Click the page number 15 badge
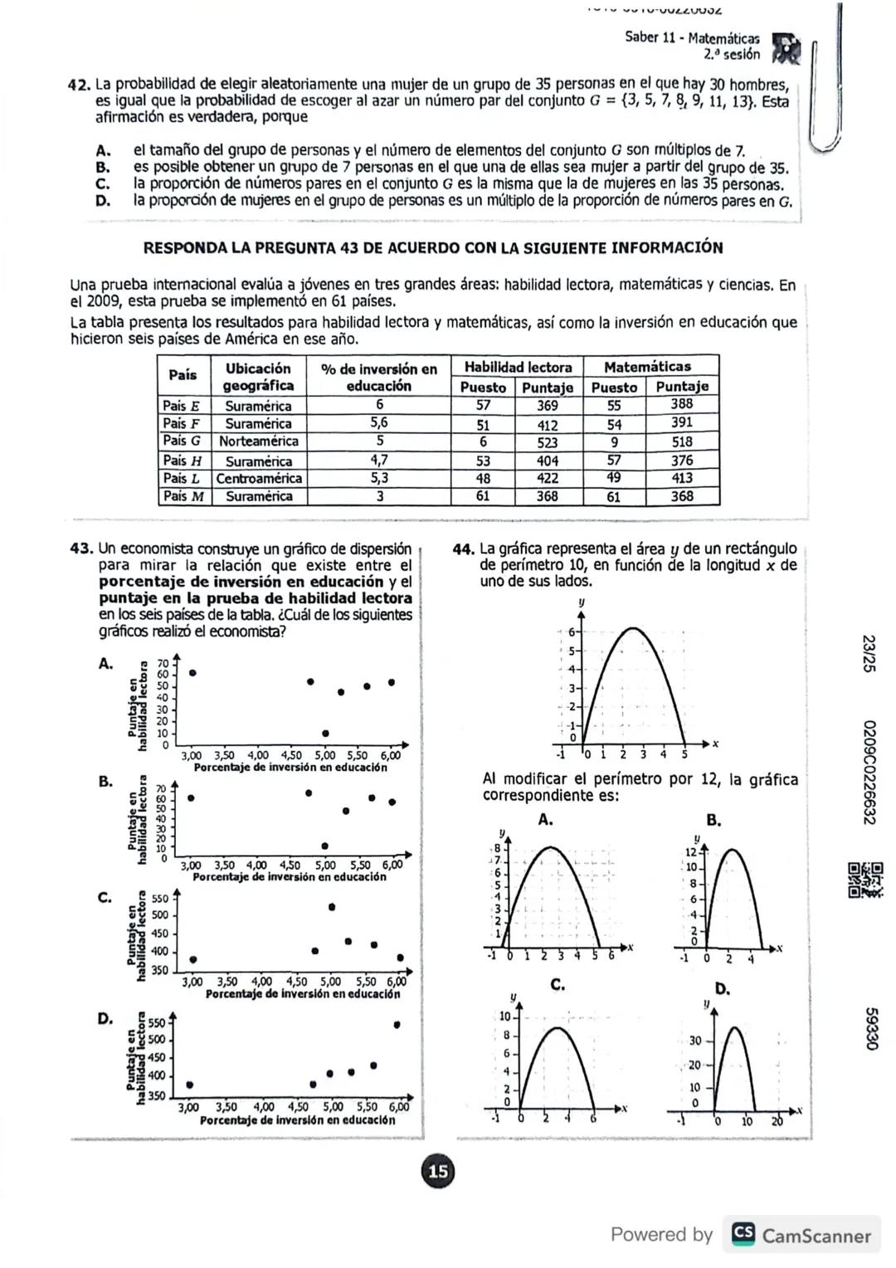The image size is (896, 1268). pos(437,1171)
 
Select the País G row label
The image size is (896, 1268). pos(183,441)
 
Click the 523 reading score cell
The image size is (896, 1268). pos(548,443)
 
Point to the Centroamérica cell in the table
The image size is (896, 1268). pos(259,479)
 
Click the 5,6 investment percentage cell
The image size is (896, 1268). pos(379,423)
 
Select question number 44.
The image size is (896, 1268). pos(464,549)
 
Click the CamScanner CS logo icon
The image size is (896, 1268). pos(743,1235)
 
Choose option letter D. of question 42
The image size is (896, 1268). pos(103,200)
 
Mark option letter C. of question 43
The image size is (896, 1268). pos(105,898)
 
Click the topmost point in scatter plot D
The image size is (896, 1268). pos(397,1025)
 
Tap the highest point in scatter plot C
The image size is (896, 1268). pos(332,907)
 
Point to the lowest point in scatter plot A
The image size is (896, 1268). pos(325,734)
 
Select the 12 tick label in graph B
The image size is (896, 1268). pos(689,852)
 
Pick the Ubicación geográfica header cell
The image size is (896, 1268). pos(258,377)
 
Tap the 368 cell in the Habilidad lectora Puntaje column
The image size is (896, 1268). pos(548,496)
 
